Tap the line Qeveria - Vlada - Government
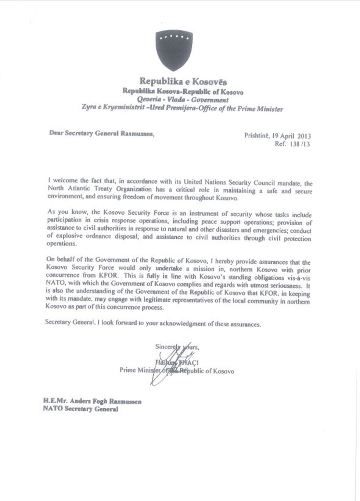point(182,100)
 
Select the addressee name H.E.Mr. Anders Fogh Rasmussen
point(92,401)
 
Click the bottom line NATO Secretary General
point(80,409)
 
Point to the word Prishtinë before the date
point(256,135)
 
